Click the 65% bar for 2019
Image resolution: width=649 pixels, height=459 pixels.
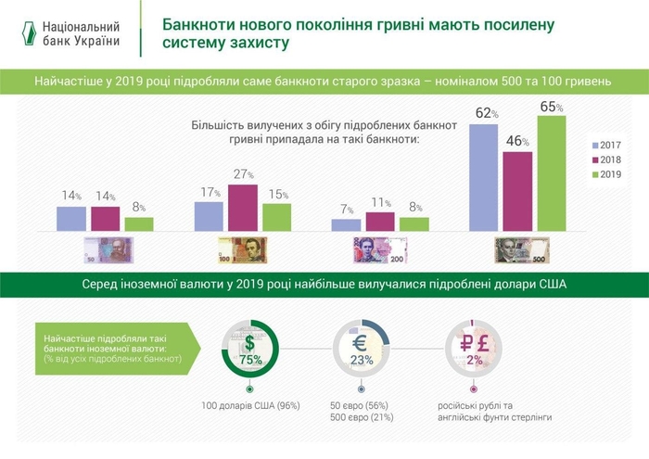point(551,172)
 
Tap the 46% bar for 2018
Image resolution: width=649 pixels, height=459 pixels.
point(516,190)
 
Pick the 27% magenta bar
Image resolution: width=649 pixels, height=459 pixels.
point(242,207)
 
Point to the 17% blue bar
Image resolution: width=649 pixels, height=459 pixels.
point(209,215)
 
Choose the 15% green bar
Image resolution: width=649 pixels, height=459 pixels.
point(276,216)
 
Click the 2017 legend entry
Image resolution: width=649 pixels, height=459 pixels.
point(604,146)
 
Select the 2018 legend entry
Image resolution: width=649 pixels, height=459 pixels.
point(604,160)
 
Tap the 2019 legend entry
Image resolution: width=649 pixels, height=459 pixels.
point(604,174)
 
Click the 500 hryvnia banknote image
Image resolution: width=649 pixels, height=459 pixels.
point(520,249)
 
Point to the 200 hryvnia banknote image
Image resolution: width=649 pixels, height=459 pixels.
point(380,249)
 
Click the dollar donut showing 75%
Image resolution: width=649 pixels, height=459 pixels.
point(248,350)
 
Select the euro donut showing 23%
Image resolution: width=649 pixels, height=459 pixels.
point(362,350)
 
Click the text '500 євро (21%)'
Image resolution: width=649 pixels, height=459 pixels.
point(362,418)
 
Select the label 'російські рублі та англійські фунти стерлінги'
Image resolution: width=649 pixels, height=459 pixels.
point(494,412)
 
